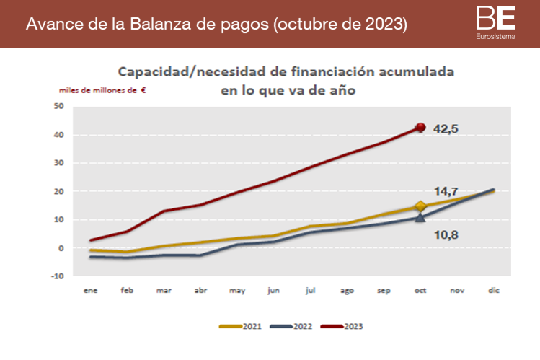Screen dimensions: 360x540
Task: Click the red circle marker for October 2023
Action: pos(421,128)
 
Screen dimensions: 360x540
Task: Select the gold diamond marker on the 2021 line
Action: pos(421,207)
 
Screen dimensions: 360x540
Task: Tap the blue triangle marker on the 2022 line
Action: pos(421,216)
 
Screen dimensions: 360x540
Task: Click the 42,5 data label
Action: pos(446,129)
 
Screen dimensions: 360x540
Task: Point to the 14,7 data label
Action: pos(446,192)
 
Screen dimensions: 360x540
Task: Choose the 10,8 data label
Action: pos(446,235)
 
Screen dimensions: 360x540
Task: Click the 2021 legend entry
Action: pos(242,326)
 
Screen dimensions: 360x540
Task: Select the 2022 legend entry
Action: pos(292,326)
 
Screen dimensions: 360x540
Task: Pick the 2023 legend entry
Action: pos(342,326)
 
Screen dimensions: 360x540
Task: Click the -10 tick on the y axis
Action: pos(58,276)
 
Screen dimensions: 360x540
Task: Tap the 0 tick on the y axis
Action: pos(61,248)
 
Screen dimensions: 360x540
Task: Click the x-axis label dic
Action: pos(493,290)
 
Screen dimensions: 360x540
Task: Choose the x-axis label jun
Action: pos(275,290)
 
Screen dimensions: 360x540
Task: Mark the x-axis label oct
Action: pos(420,290)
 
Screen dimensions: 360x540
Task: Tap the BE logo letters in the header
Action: pos(496,17)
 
